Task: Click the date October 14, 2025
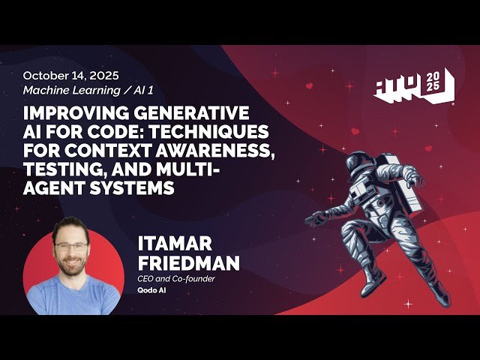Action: [70, 76]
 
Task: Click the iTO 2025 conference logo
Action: [413, 85]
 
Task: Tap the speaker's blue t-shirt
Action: [73, 296]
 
